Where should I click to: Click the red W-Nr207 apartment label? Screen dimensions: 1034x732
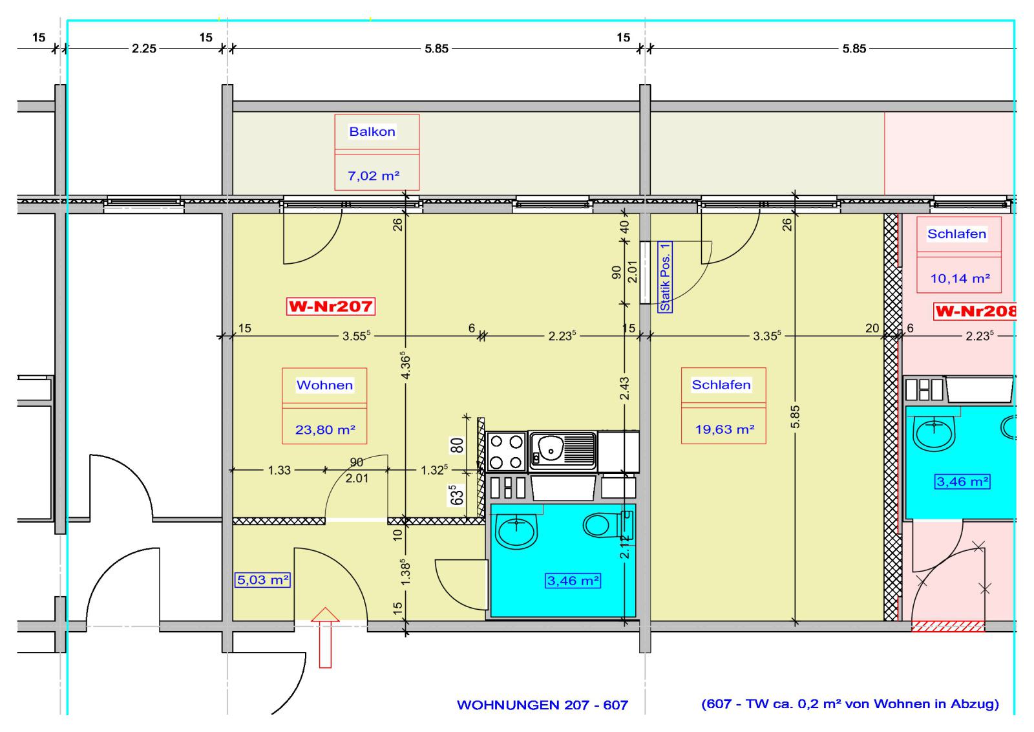coord(330,307)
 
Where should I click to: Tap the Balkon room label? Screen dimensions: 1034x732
coord(372,132)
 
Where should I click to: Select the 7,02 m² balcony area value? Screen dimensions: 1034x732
coord(373,175)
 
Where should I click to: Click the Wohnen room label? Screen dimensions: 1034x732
coord(324,385)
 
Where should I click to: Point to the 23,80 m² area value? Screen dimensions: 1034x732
coord(325,429)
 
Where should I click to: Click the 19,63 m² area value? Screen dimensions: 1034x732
coord(724,429)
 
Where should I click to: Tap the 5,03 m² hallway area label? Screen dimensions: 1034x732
coord(262,579)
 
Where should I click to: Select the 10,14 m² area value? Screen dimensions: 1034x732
coord(960,279)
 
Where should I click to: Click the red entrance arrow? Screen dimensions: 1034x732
coord(326,638)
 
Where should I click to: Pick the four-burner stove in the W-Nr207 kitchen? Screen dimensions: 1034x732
coord(506,452)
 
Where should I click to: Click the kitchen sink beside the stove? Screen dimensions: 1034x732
coord(562,451)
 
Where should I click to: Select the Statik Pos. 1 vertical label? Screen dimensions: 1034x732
coord(665,277)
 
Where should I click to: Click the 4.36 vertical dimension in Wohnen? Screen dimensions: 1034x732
coord(405,365)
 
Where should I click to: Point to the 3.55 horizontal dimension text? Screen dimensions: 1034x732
coord(356,336)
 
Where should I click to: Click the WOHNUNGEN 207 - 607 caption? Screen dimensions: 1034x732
coord(542,705)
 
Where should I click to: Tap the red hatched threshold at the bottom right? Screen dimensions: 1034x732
coord(948,626)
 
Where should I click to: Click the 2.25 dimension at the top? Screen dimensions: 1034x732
coord(144,48)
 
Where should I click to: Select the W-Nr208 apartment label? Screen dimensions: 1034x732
coord(975,311)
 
